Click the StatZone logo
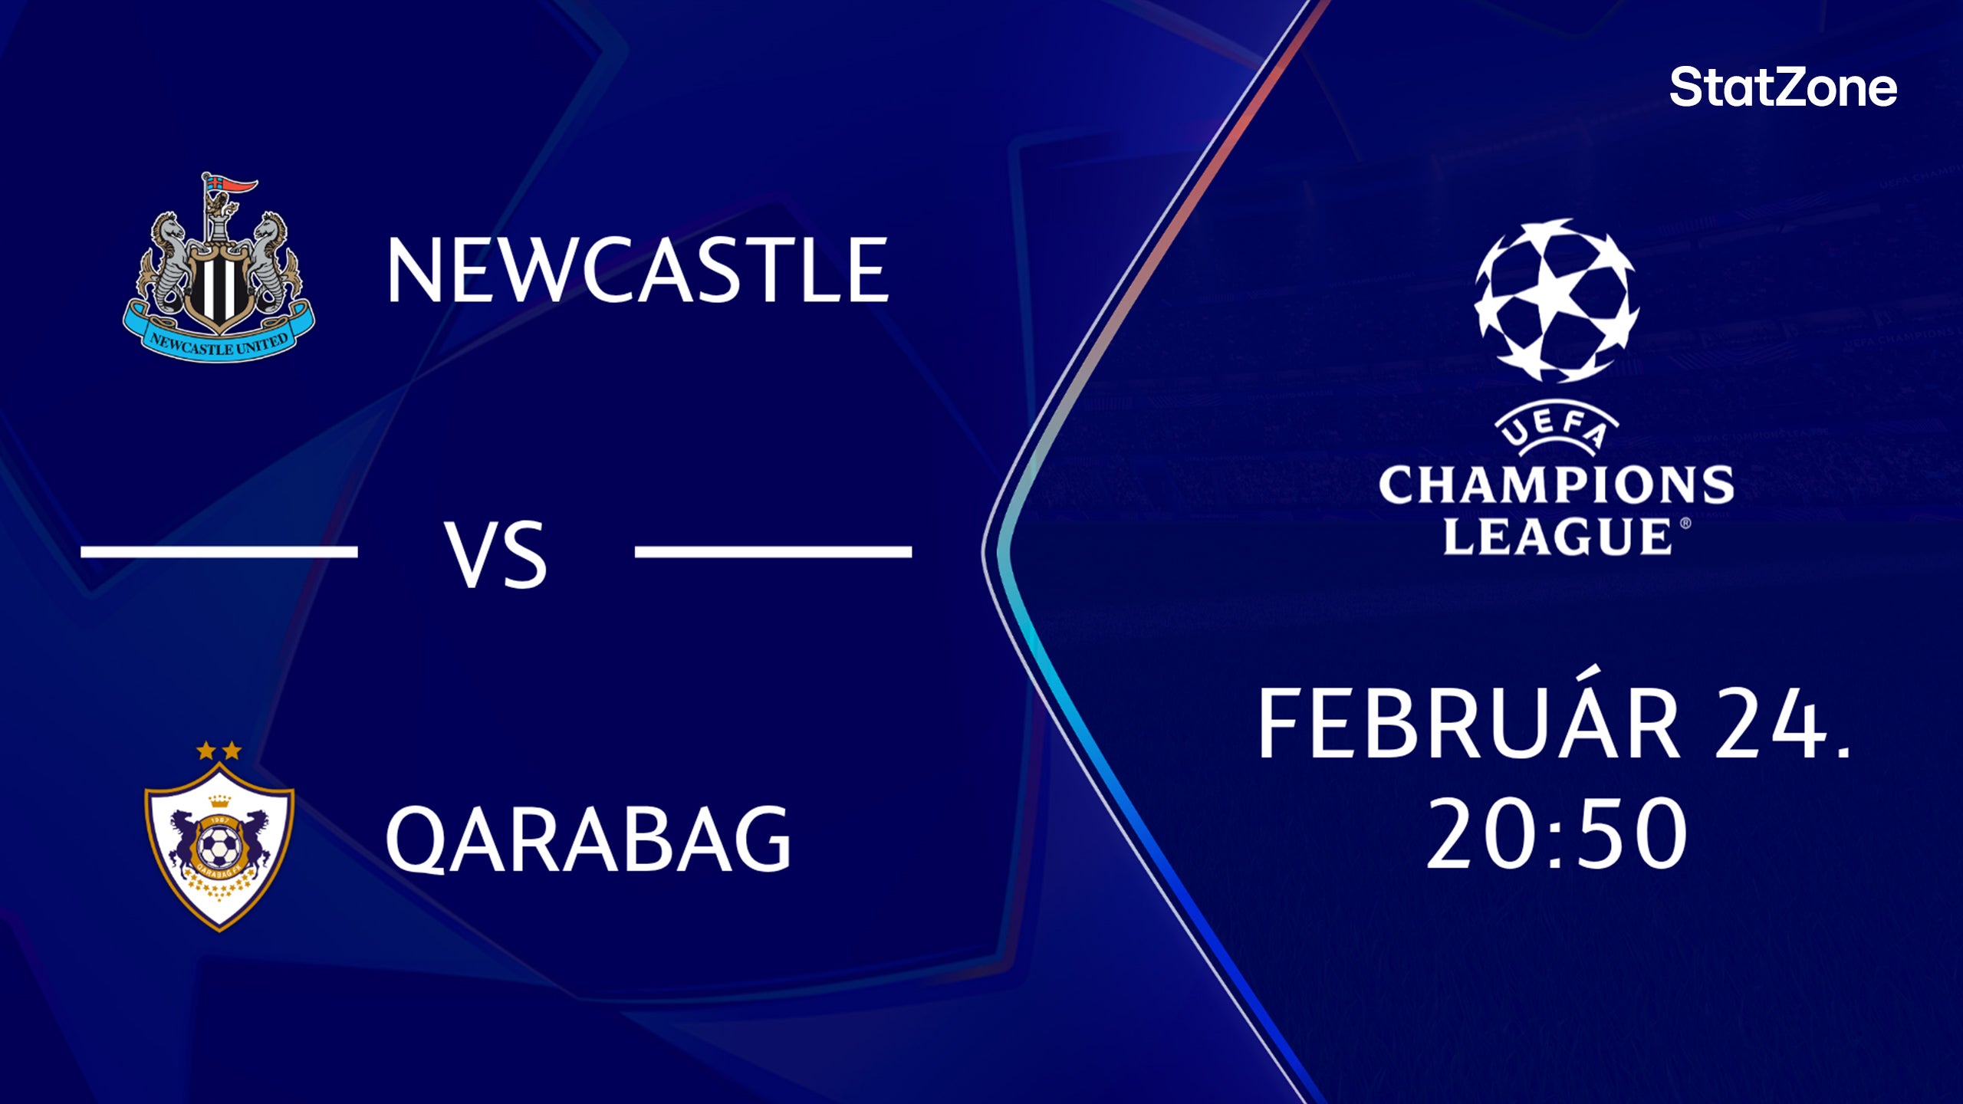[1782, 87]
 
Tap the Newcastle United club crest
[219, 268]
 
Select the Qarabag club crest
[219, 839]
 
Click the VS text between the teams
[496, 554]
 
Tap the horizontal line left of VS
[219, 551]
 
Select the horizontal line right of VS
[773, 551]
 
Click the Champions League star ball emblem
[1556, 301]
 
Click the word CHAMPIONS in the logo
[1556, 485]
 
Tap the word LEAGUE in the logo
[1556, 536]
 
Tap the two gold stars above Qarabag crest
[219, 751]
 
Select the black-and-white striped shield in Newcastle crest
[218, 287]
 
